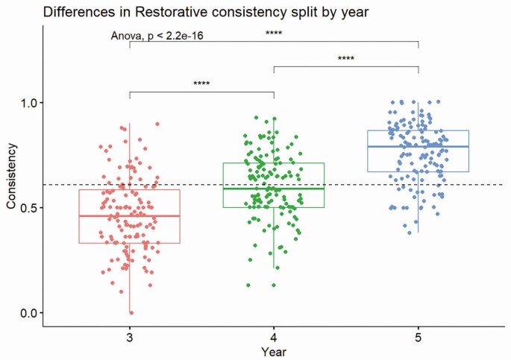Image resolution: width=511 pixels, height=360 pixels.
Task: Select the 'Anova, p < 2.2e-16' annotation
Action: [157, 35]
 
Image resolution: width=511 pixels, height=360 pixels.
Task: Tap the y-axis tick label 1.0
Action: [27, 102]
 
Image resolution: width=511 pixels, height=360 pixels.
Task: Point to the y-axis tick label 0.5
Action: [27, 207]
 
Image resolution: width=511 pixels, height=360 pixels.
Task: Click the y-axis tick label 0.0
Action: [27, 312]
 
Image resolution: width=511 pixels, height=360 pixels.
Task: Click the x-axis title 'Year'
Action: [274, 350]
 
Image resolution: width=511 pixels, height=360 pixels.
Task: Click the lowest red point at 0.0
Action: [131, 312]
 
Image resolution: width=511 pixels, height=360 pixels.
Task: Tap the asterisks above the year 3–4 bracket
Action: [201, 83]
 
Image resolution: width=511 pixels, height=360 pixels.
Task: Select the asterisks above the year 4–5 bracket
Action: [346, 58]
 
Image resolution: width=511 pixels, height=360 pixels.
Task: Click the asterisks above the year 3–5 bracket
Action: [274, 33]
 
